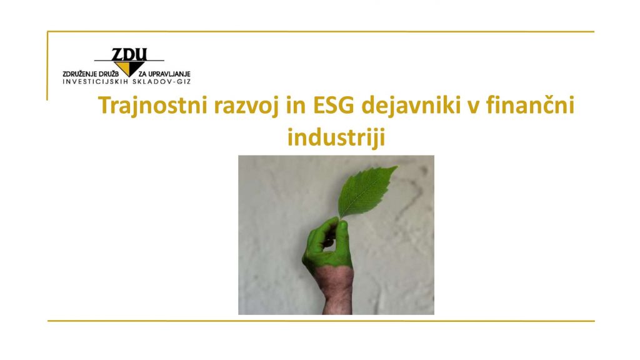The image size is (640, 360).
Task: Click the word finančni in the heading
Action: [x=530, y=105]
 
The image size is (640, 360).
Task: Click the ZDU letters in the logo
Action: [x=129, y=54]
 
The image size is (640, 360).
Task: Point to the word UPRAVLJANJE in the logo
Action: [x=170, y=74]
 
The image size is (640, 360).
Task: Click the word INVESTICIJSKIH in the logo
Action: [x=95, y=82]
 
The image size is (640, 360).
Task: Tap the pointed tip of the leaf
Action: [x=397, y=166]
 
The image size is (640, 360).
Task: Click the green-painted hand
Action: [x=327, y=245]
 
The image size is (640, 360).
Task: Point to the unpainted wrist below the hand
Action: [x=337, y=290]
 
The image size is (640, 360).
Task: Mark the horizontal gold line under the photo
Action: [x=321, y=321]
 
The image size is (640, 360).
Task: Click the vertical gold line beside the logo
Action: [x=47, y=66]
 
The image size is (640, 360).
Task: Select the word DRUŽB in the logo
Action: [x=109, y=74]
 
